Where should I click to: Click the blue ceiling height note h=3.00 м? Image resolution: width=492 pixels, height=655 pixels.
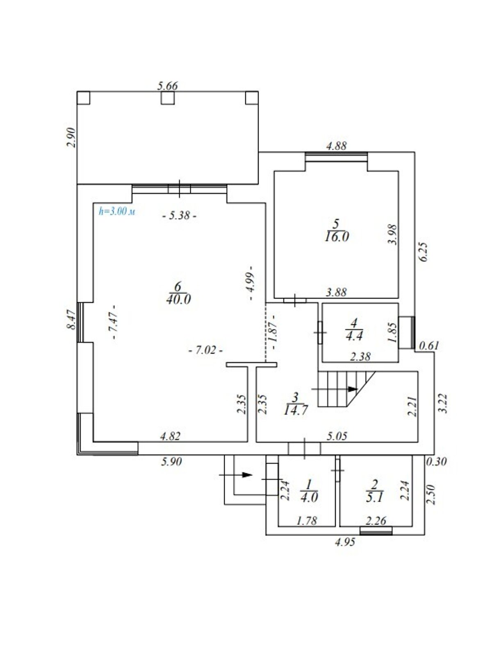117,212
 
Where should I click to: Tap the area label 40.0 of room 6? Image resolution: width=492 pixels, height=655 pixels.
178,299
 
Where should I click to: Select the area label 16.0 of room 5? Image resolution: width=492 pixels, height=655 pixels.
337,237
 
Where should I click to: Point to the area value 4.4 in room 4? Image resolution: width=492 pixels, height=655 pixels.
354,336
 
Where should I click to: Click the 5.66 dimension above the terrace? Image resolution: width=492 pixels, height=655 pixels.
168,86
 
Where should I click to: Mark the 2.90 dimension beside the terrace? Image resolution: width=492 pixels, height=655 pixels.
71,137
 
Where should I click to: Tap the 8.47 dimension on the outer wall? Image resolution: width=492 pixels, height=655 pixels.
71,320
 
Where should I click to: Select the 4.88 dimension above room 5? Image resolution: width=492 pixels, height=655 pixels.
337,146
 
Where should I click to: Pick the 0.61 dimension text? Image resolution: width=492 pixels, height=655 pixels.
429,346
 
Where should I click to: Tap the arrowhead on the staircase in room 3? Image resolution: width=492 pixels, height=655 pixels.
353,389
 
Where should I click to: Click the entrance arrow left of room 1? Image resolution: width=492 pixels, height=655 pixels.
236,475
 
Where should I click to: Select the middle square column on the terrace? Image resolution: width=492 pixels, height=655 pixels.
168,98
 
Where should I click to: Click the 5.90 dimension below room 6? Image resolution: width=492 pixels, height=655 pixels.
171,462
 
